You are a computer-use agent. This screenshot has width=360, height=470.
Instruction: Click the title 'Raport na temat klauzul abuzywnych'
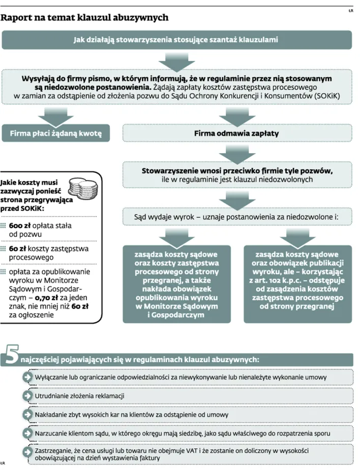84,17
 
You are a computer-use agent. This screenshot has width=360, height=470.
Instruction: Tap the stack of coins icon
83,187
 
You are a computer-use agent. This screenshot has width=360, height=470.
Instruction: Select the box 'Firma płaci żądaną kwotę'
56,133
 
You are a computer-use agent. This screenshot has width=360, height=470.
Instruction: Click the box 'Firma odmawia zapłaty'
237,133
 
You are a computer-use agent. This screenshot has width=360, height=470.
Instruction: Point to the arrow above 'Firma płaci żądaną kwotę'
55,116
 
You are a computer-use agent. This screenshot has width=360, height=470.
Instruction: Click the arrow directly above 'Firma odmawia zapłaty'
237,116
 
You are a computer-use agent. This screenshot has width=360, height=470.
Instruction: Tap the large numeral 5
12,355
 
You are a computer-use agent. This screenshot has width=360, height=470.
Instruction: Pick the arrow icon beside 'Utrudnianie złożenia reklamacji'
27,396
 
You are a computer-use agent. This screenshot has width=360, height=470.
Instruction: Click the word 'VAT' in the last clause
192,451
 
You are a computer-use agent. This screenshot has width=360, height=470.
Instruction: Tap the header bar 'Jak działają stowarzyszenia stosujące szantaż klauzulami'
176,40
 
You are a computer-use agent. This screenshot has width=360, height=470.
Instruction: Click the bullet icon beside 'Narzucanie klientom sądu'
27,433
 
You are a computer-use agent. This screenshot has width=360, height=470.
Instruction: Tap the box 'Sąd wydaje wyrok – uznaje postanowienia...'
237,217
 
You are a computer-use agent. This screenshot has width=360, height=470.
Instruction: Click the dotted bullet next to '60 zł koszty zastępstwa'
3,249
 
